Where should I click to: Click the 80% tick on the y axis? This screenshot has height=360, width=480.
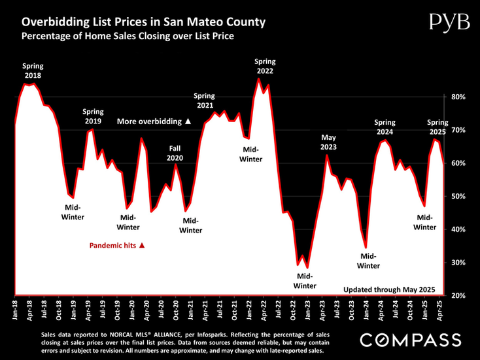click(457, 97)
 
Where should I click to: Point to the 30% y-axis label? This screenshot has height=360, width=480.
click(457, 263)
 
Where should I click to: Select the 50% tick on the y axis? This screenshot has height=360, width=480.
click(457, 196)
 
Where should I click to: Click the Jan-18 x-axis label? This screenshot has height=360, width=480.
click(15, 310)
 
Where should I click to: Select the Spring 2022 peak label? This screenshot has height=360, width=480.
click(264, 66)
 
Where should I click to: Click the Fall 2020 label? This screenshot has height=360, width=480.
click(175, 153)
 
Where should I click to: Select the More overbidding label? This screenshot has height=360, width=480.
click(154, 122)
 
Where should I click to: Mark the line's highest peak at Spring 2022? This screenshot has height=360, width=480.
click(258, 79)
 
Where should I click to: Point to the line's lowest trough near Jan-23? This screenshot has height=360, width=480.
click(307, 268)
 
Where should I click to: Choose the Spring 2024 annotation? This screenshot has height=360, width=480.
click(390, 127)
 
